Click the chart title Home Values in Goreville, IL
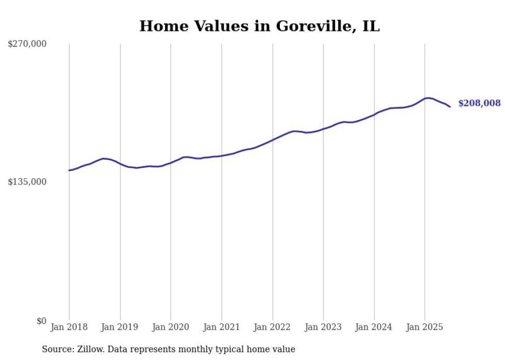(259, 26)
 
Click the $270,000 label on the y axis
(27, 44)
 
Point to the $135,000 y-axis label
(27, 182)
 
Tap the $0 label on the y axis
(41, 321)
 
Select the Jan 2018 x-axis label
(69, 327)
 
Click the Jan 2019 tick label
(120, 327)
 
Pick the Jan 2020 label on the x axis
(171, 327)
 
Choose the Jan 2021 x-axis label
(222, 327)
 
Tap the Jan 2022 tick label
(273, 327)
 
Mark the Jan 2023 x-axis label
(323, 327)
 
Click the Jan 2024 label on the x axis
(374, 327)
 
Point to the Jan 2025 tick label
(425, 327)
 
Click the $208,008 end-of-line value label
(479, 104)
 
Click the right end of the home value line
(450, 107)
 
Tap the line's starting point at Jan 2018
(69, 170)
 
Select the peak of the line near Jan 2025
(429, 98)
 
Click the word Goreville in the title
(310, 26)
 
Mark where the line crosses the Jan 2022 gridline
(273, 139)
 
